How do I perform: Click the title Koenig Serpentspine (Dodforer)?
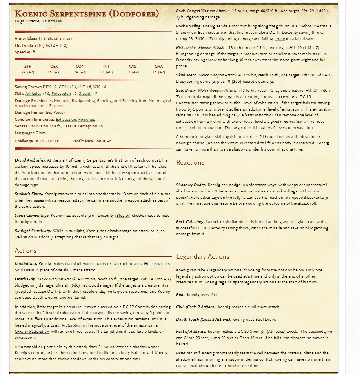click(x=87, y=14)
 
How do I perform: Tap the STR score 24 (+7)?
click(x=27, y=72)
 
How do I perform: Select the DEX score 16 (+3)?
click(x=54, y=72)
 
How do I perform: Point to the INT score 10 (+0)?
click(x=106, y=72)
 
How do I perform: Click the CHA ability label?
click(x=159, y=67)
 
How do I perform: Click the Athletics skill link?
click(x=33, y=94)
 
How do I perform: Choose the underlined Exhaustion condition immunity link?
click(x=66, y=120)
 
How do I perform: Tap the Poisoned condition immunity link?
click(x=87, y=120)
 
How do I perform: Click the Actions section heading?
click(x=25, y=251)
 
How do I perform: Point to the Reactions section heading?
click(x=190, y=162)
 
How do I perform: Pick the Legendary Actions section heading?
click(x=203, y=256)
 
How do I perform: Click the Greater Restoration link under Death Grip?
click(x=32, y=332)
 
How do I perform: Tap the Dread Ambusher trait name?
click(x=30, y=160)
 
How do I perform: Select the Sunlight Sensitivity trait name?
click(x=33, y=231)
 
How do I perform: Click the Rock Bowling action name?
click(x=189, y=26)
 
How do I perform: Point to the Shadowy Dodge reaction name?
click(x=191, y=185)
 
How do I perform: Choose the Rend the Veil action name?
click(x=188, y=353)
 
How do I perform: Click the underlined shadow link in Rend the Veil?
click(x=233, y=359)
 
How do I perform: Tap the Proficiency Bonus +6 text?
click(x=92, y=141)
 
